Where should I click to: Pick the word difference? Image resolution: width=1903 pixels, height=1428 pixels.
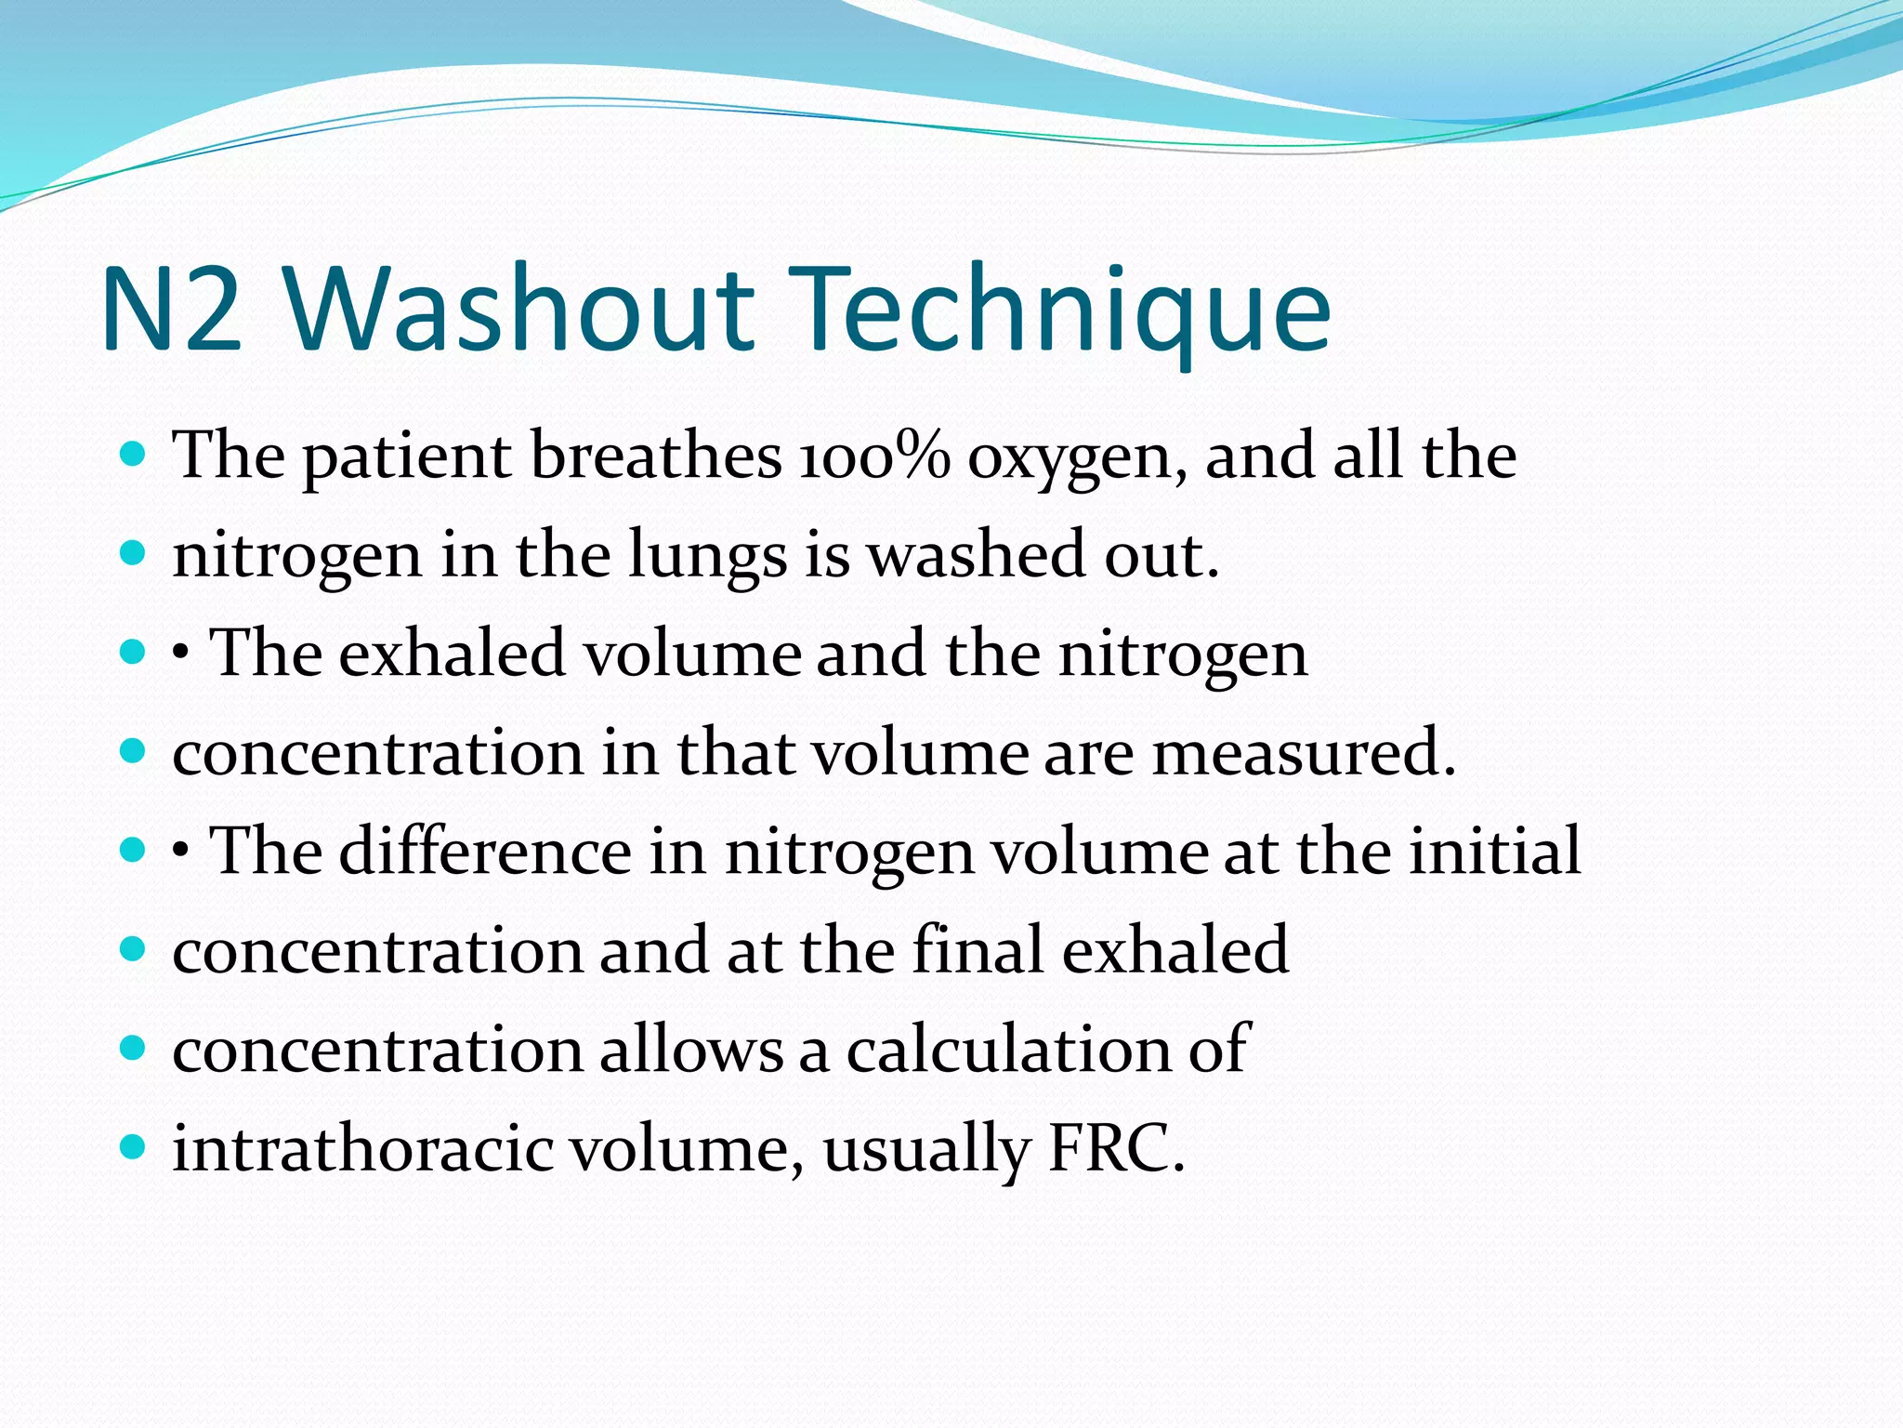click(x=485, y=850)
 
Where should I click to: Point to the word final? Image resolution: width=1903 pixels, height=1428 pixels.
click(x=978, y=949)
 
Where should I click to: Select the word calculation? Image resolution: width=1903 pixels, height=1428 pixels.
click(x=1007, y=1049)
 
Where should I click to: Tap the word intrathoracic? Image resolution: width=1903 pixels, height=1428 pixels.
click(x=362, y=1147)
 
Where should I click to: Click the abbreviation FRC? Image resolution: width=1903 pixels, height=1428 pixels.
click(x=1115, y=1147)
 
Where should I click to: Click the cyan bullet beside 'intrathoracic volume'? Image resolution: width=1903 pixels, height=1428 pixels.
click(x=134, y=1147)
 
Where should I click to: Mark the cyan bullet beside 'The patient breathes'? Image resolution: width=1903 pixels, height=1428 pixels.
click(x=134, y=455)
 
